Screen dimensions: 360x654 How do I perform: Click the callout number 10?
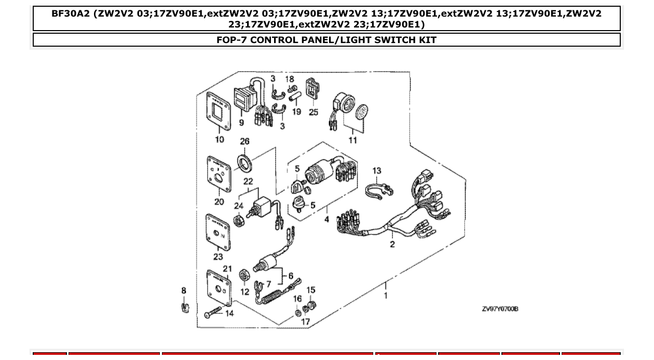220,139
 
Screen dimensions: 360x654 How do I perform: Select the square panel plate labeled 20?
219,174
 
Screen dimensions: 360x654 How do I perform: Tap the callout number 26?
244,141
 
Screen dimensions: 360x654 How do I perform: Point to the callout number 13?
377,171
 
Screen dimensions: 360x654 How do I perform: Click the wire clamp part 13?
378,190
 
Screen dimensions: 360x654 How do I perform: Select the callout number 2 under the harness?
392,244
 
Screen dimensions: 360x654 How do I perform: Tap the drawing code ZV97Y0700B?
500,309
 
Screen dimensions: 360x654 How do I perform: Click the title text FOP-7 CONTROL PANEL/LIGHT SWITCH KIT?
326,40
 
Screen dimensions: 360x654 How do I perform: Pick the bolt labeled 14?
213,313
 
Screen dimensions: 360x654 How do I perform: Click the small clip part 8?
184,308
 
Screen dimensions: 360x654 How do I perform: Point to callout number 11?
352,140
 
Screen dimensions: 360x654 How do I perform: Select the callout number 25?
314,112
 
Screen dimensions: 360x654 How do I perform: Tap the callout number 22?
248,182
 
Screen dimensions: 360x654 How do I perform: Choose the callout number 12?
245,292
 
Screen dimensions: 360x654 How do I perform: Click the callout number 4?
327,219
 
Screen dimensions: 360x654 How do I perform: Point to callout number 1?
386,296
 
